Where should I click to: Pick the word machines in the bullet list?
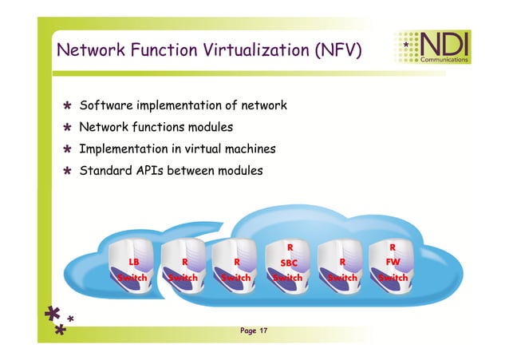253,148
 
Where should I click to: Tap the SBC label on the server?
290,262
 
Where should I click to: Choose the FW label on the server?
393,261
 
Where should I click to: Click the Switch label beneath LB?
133,278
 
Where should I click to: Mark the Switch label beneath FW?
393,278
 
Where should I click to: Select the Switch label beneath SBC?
288,278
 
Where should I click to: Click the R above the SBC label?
290,247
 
